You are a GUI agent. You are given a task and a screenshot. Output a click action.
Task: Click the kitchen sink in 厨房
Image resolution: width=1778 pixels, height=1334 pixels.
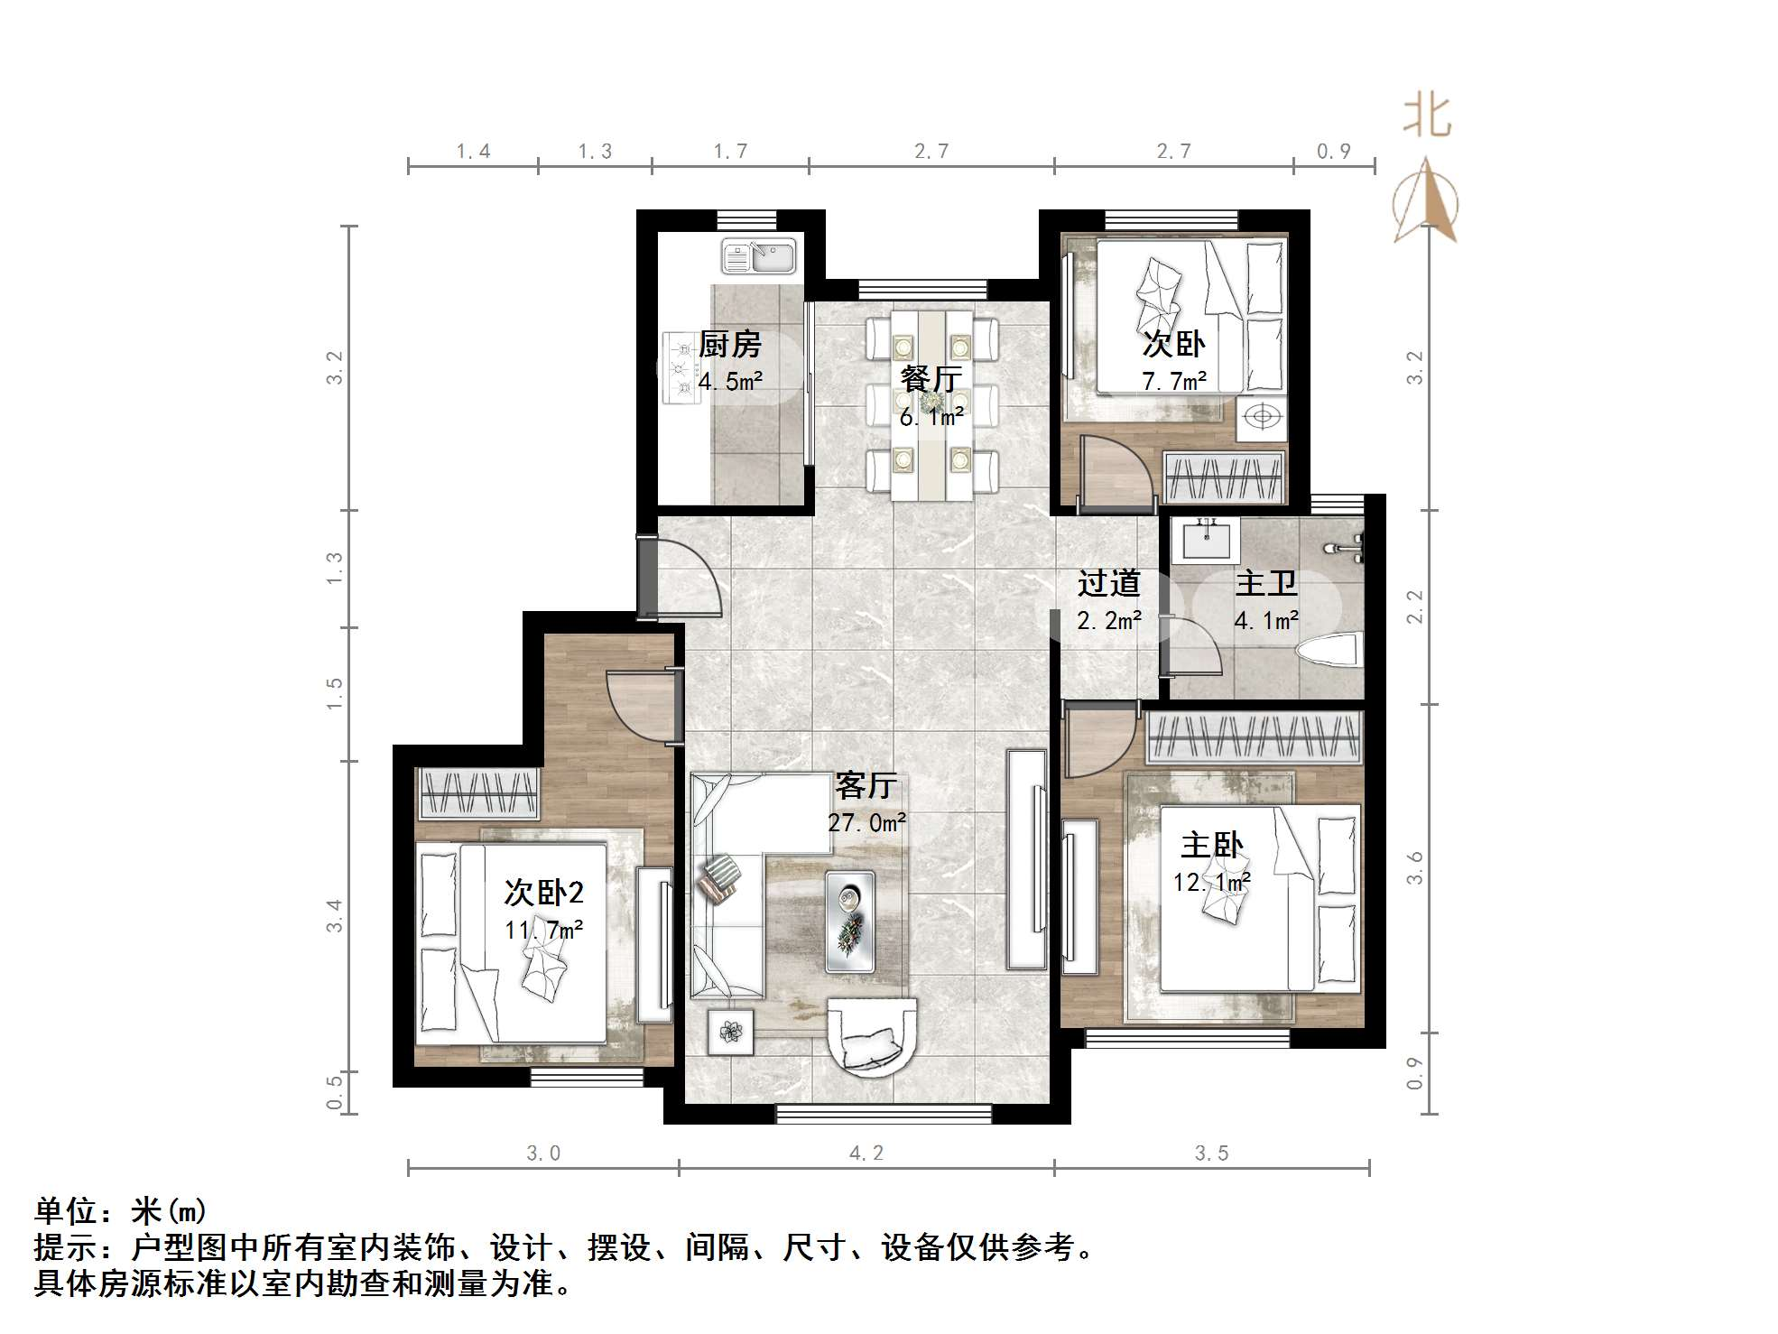click(758, 255)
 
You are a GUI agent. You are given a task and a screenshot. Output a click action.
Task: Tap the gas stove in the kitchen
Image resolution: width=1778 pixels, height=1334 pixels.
click(681, 368)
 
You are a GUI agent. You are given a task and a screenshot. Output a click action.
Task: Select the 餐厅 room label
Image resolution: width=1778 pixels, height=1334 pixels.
click(931, 379)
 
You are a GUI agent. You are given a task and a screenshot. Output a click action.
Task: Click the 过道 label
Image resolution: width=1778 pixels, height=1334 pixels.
click(1108, 584)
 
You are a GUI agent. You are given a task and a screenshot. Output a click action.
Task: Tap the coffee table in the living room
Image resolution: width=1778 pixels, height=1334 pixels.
click(849, 921)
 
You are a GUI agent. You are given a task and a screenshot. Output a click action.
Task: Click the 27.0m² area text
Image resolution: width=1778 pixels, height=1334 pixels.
click(866, 823)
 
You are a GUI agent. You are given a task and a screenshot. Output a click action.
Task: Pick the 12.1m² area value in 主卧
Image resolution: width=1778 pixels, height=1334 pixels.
click(1211, 882)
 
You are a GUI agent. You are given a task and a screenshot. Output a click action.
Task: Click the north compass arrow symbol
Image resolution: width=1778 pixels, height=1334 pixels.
click(1425, 200)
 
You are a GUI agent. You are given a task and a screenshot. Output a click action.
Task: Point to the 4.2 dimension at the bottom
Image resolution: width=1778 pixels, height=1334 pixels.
click(866, 1153)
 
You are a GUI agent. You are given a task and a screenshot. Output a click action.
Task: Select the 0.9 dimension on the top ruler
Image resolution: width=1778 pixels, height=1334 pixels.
click(1333, 152)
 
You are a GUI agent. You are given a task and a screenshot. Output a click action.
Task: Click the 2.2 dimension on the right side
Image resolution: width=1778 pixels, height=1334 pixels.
click(1414, 606)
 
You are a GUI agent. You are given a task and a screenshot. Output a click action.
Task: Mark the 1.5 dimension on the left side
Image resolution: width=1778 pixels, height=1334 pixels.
click(335, 693)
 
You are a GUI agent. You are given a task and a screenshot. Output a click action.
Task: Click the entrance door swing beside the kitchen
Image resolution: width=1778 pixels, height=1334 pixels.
click(686, 578)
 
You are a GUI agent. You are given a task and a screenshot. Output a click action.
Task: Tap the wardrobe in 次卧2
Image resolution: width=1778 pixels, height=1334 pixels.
click(478, 793)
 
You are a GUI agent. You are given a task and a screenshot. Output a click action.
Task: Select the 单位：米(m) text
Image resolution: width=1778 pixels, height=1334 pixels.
click(121, 1210)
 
